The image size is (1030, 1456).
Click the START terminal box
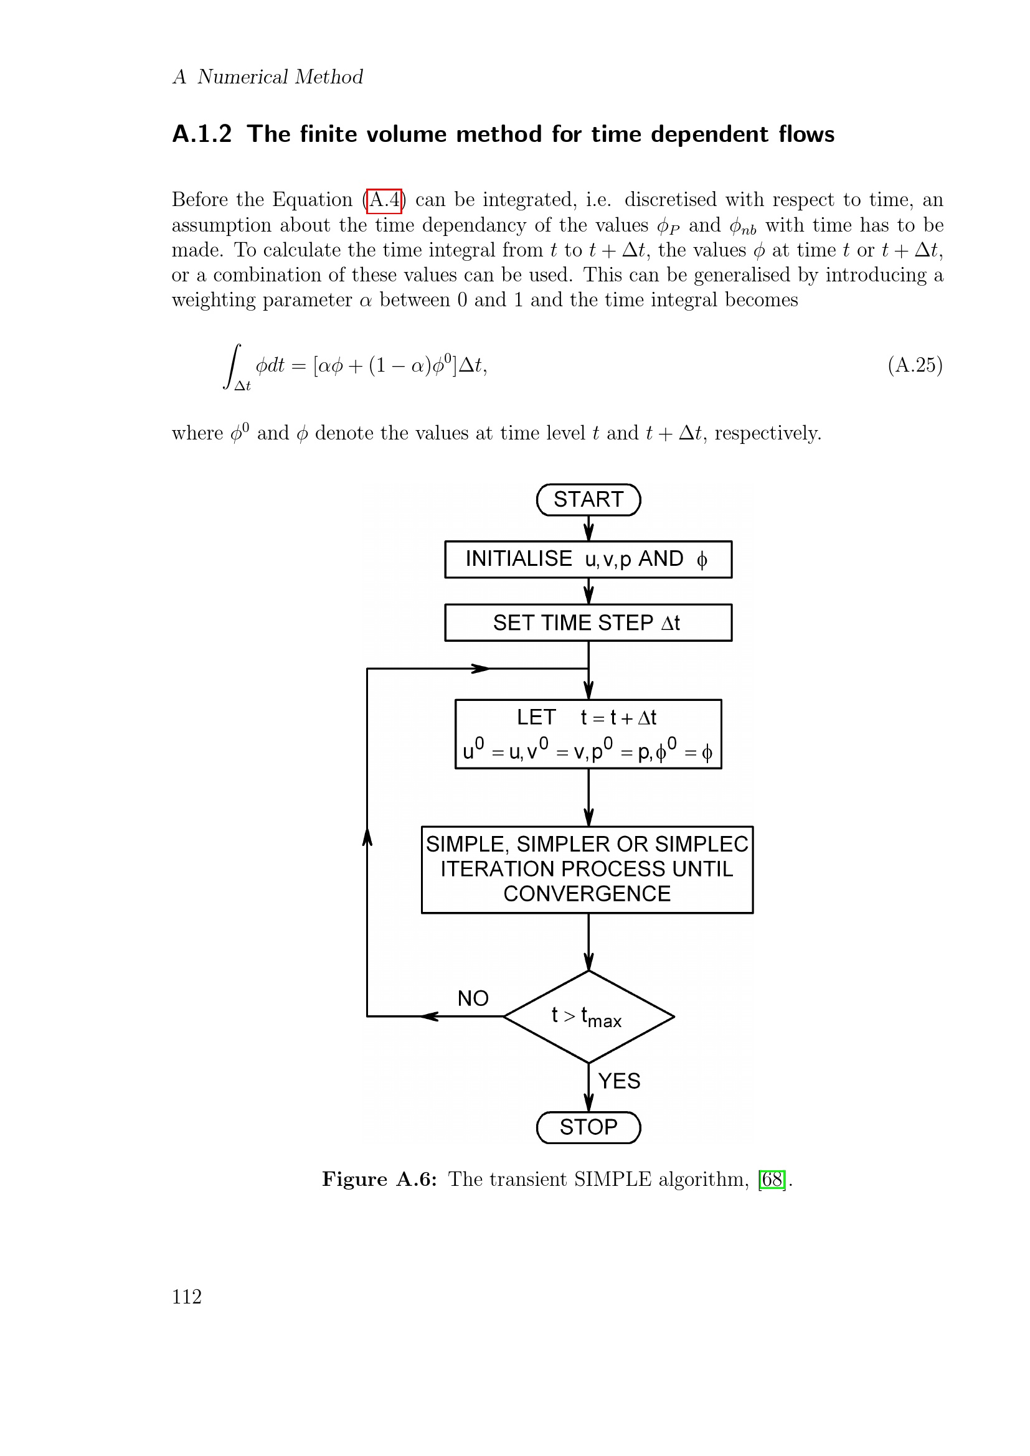pos(588,500)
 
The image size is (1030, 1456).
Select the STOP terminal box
pos(588,1127)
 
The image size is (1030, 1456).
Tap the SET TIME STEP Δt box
pos(588,622)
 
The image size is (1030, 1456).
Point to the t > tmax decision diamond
pos(588,1017)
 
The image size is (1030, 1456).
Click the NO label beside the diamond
pos(473,998)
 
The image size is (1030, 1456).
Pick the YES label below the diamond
pos(619,1081)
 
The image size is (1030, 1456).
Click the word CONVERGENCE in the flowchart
pos(587,894)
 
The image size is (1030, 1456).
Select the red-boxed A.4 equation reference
pos(384,200)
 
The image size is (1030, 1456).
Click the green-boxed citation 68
pos(772,1180)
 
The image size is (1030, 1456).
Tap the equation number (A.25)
pos(915,365)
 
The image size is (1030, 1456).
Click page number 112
pos(186,1297)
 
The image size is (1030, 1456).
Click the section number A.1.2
pos(202,134)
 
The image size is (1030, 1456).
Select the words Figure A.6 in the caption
pos(379,1180)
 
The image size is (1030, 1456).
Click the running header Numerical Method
pos(280,77)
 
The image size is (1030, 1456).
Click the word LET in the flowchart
pos(536,717)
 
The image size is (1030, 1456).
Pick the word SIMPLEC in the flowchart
pos(701,845)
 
